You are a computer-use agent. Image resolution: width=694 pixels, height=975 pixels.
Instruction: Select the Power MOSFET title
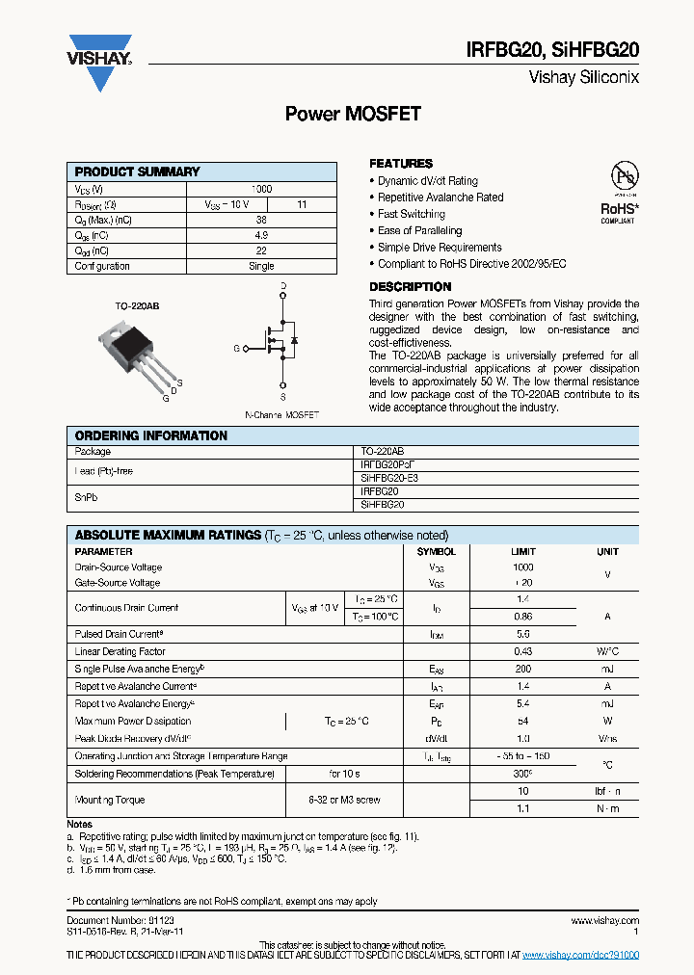click(x=353, y=114)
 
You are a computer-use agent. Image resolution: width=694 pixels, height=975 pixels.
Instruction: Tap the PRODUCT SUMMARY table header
click(x=138, y=171)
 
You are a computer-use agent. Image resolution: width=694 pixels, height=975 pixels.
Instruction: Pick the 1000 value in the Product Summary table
click(x=261, y=189)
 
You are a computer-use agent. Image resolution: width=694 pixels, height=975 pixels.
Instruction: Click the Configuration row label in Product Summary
click(x=102, y=266)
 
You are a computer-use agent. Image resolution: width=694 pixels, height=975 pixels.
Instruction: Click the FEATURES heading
click(x=401, y=164)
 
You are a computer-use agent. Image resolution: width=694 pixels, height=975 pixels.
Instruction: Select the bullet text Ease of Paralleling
click(x=419, y=230)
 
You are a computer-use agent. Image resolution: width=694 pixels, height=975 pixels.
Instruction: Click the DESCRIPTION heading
click(x=410, y=287)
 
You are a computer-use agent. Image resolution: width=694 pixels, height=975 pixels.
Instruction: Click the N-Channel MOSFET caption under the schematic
click(x=281, y=415)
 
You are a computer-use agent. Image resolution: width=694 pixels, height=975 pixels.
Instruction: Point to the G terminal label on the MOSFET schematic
click(x=236, y=348)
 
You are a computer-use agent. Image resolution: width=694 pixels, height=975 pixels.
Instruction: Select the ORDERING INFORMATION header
click(x=151, y=435)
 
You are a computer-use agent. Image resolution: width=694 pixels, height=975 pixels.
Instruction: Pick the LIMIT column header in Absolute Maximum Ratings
click(x=522, y=552)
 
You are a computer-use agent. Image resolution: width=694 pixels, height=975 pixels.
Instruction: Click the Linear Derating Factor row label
click(x=119, y=652)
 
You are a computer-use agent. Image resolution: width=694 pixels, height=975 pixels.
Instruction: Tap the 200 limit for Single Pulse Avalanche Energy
click(x=522, y=669)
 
